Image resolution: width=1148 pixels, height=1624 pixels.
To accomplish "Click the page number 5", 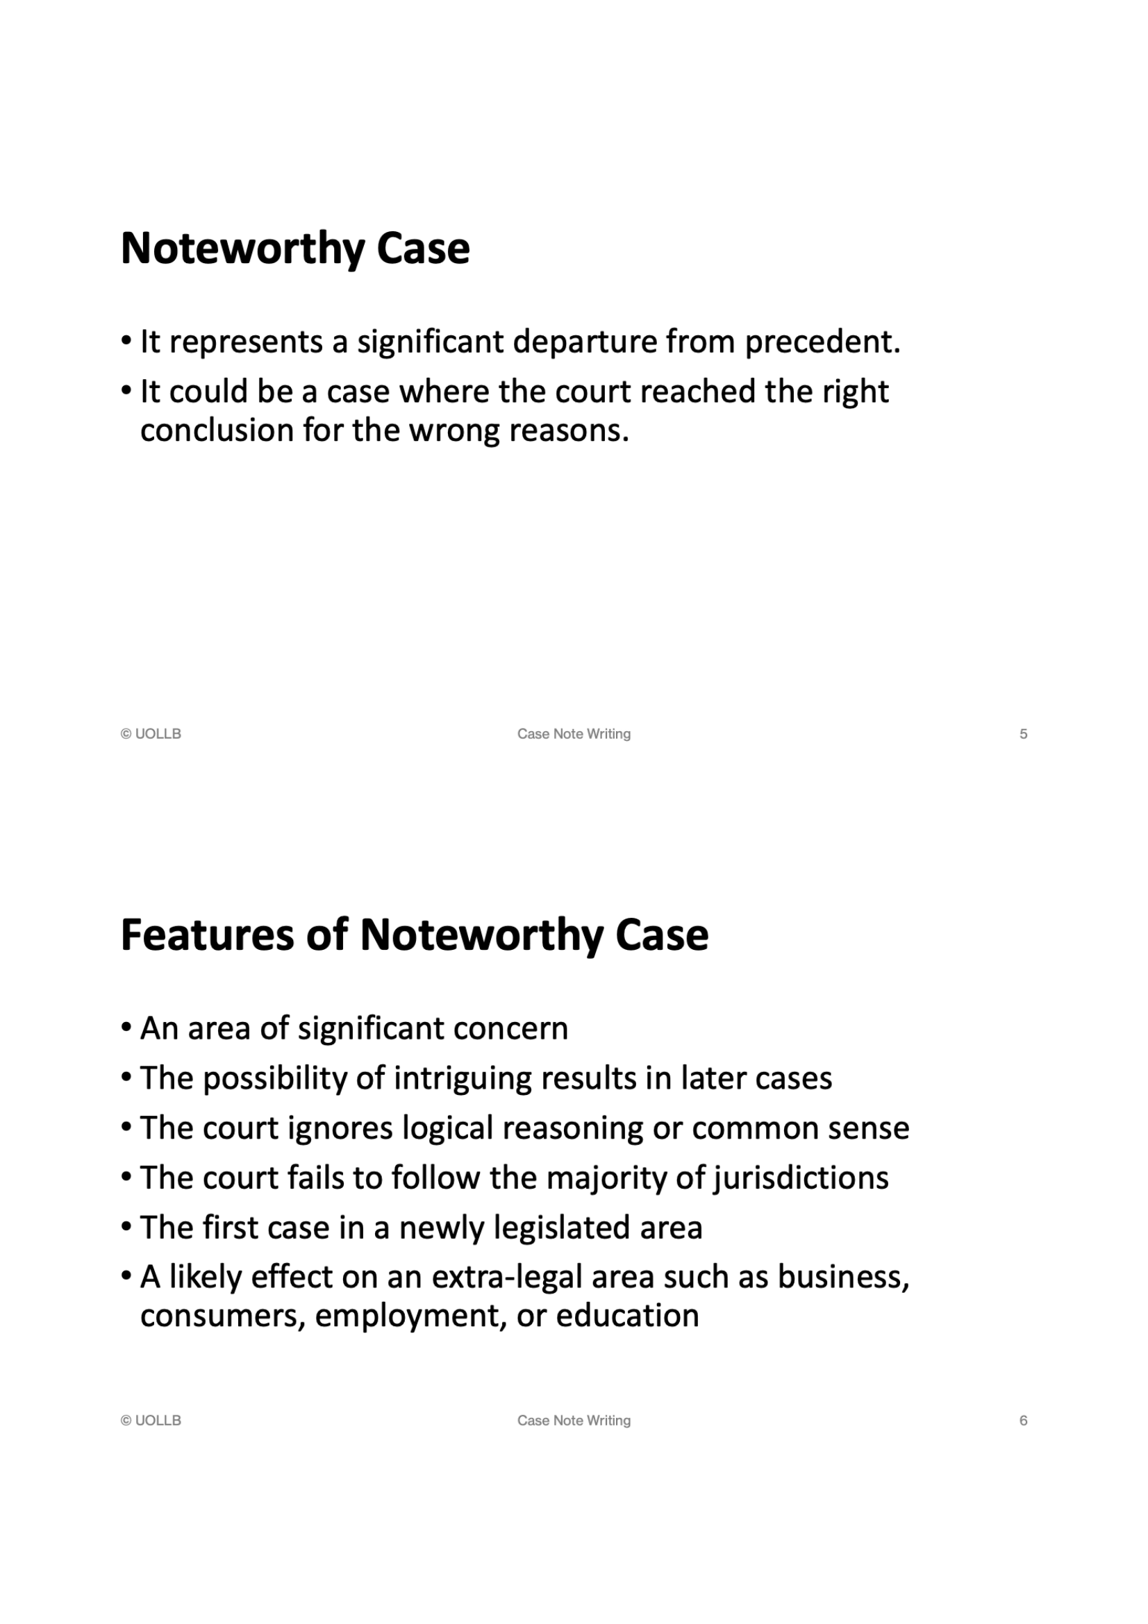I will coord(1023,734).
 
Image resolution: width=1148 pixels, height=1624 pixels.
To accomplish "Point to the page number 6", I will coord(1023,1421).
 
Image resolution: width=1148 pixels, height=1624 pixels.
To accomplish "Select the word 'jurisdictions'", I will coord(801,1178).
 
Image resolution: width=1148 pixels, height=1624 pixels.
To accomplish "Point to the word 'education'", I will coord(627,1316).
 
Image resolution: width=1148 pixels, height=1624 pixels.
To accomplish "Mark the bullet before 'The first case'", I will coord(126,1227).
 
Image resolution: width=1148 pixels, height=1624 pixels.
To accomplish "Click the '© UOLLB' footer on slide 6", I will coord(151,1421).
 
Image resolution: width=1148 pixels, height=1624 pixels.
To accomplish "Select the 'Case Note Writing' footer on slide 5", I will coord(574,734).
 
